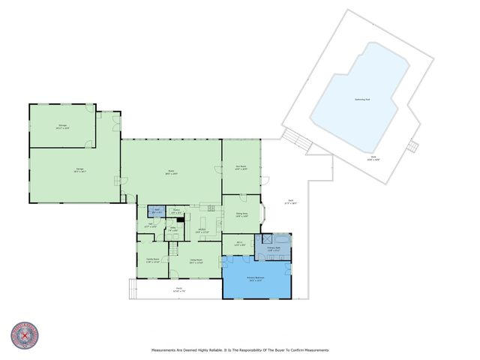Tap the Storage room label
point(62,127)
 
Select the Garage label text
point(79,170)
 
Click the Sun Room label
point(241,168)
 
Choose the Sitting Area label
point(241,215)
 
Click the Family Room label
point(153,261)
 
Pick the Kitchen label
point(202,232)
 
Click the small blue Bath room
point(157,211)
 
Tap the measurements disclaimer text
point(240,350)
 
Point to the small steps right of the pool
point(411,147)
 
